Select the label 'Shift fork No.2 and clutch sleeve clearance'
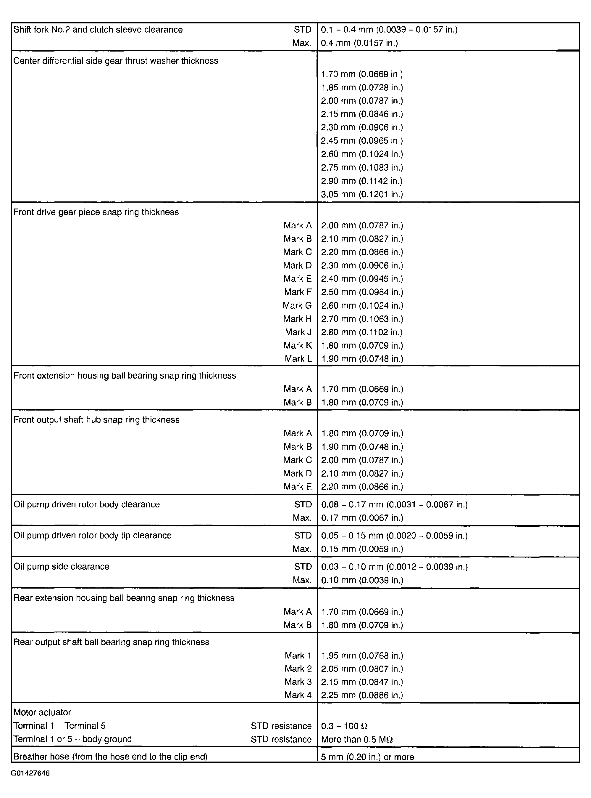pyautogui.click(x=98, y=30)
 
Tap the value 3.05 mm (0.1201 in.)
pyautogui.click(x=362, y=195)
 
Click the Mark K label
pyautogui.click(x=297, y=345)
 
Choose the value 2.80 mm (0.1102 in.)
pyautogui.click(x=362, y=332)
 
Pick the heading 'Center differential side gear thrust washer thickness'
pyautogui.click(x=116, y=61)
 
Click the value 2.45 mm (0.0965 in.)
pyautogui.click(x=362, y=141)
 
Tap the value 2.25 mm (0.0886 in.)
pyautogui.click(x=362, y=695)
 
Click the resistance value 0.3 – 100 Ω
pyautogui.click(x=344, y=726)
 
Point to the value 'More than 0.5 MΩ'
pyautogui.click(x=357, y=739)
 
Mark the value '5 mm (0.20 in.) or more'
pyautogui.click(x=367, y=757)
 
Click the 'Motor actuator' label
pyautogui.click(x=42, y=712)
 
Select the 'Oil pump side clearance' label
pyautogui.click(x=61, y=567)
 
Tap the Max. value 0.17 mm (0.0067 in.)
pyautogui.click(x=362, y=517)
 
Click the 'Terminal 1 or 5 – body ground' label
pyautogui.click(x=73, y=739)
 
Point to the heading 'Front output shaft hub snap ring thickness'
pyautogui.click(x=96, y=420)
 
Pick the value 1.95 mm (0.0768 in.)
pyautogui.click(x=362, y=656)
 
